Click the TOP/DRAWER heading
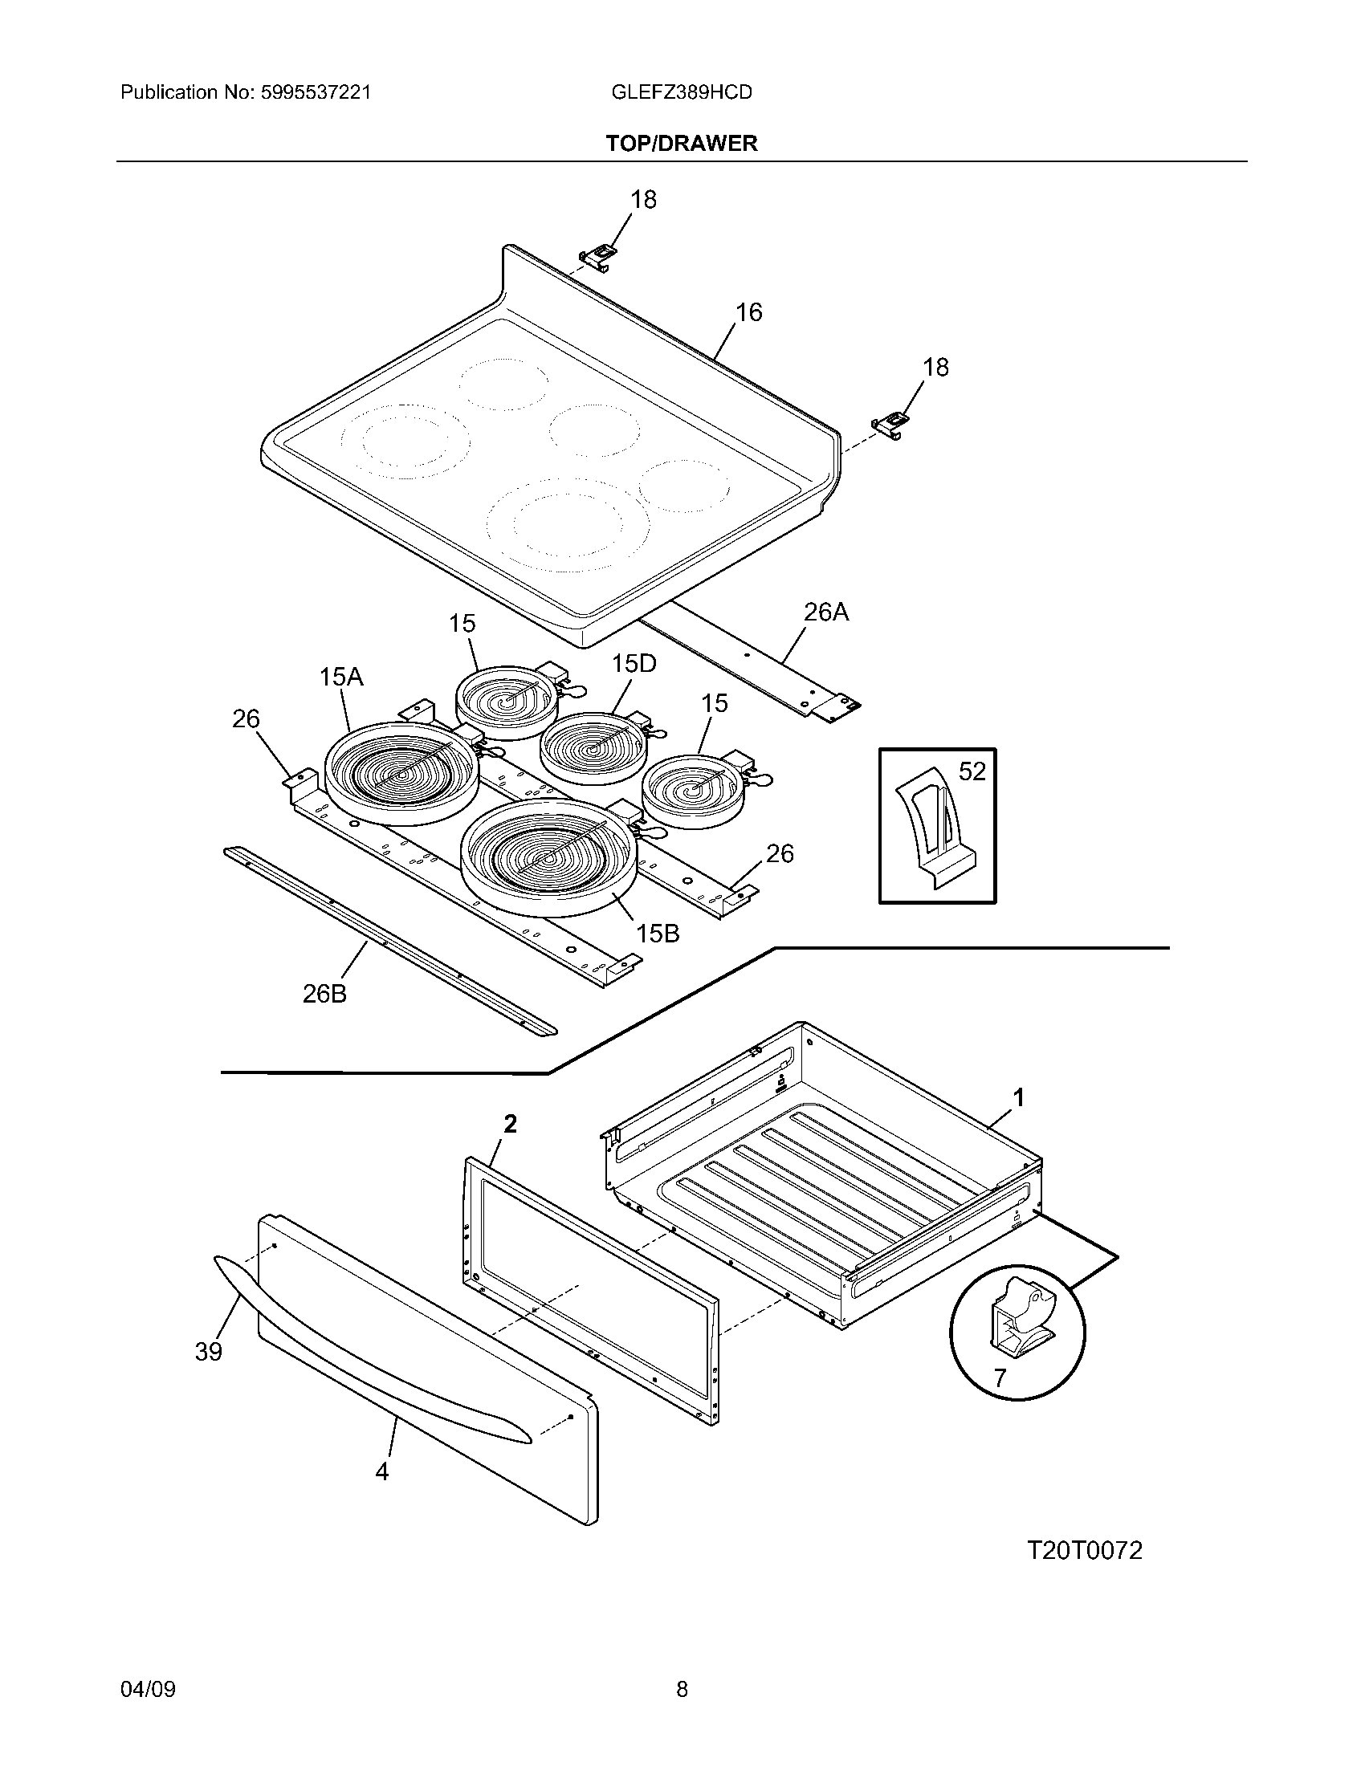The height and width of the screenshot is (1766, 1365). tap(682, 143)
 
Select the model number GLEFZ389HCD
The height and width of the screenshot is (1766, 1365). tap(682, 92)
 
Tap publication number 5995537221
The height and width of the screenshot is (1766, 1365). tap(315, 92)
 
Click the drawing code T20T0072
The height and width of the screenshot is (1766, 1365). tap(1085, 1550)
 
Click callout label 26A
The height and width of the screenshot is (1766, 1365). tap(825, 612)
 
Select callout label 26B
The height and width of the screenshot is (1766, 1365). tap(324, 994)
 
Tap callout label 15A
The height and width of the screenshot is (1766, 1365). tap(340, 677)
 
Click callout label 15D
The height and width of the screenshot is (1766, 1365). tap(634, 664)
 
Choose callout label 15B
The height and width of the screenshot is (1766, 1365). tap(657, 933)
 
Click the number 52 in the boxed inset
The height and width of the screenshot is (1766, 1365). tap(972, 771)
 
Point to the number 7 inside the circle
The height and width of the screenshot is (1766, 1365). tap(1000, 1377)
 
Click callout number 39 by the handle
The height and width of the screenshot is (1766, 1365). tap(209, 1351)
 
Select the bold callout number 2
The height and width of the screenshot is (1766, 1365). tap(510, 1124)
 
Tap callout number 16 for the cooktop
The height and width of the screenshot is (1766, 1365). tap(749, 312)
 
